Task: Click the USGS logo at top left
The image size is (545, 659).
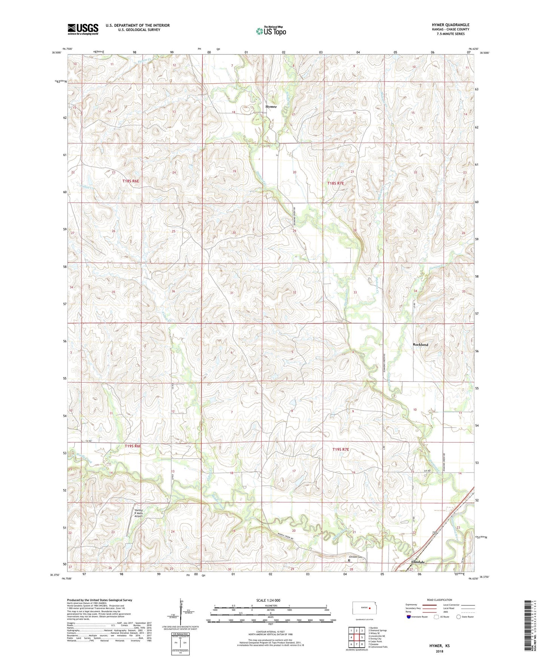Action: (x=83, y=29)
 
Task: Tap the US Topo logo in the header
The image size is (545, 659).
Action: (x=271, y=31)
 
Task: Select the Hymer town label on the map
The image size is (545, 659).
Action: (x=271, y=107)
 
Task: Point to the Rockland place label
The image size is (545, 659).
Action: (x=420, y=345)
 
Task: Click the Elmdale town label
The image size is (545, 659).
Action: (x=418, y=562)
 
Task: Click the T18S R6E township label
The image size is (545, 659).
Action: (x=131, y=181)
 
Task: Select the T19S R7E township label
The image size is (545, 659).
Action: (x=341, y=449)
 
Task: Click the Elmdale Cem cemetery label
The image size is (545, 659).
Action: (x=355, y=557)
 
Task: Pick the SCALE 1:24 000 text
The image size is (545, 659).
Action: (x=268, y=600)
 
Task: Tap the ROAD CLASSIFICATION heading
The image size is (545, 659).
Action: (x=440, y=600)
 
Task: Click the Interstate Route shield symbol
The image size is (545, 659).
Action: (x=409, y=617)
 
